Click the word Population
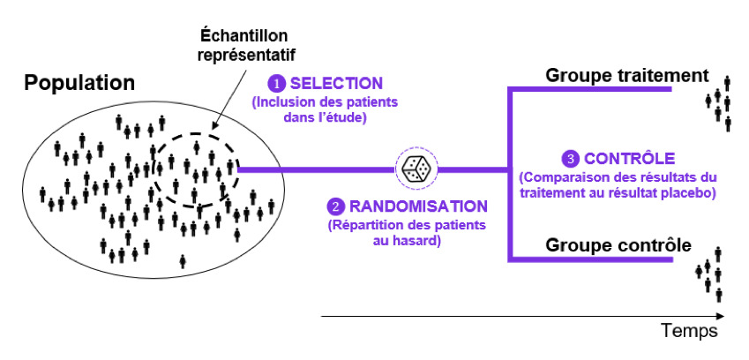point(79,83)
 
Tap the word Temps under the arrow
point(689,331)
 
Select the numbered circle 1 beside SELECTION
point(277,84)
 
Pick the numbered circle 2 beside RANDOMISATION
point(336,207)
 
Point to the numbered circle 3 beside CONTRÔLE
point(572,160)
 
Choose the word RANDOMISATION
point(417,207)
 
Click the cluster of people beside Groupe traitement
point(722,101)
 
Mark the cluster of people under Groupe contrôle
point(711,274)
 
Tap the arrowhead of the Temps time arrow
point(722,315)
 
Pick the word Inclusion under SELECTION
point(283,102)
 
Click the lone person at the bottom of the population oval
point(183,260)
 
